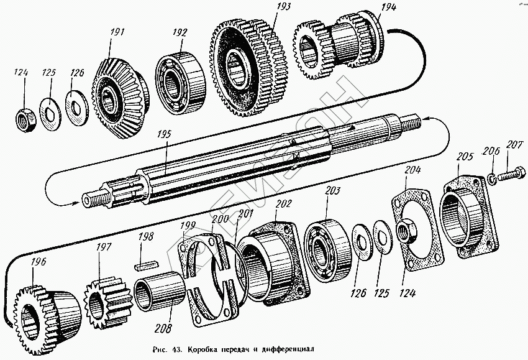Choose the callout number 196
point(39,263)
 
